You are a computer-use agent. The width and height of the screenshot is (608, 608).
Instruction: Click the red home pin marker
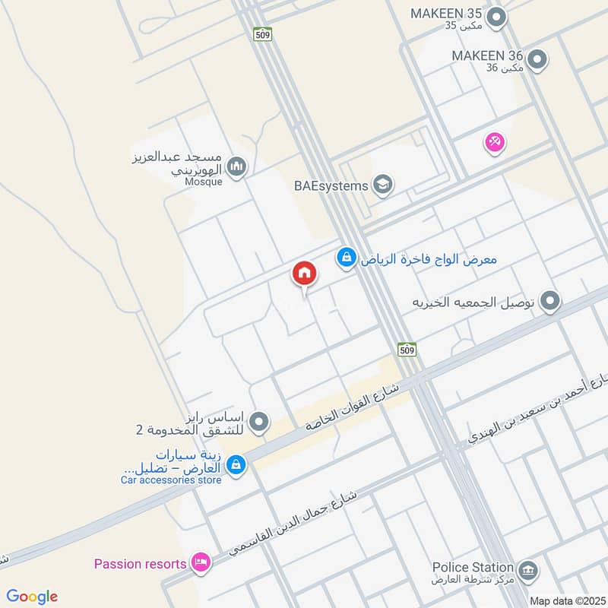point(304,274)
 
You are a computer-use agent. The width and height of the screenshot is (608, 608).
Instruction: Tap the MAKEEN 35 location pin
point(496,17)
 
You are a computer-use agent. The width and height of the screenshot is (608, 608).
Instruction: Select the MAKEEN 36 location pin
point(537,59)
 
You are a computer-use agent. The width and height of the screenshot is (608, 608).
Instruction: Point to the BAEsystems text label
point(331,185)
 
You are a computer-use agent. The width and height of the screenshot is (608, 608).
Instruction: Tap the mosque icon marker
point(237,166)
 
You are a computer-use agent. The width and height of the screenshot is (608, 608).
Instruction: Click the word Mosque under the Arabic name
point(204,182)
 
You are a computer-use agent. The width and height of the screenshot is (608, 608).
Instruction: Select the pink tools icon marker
point(495,141)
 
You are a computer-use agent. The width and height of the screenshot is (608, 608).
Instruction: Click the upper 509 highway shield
point(263,34)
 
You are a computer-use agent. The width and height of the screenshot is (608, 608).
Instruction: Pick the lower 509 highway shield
point(407,349)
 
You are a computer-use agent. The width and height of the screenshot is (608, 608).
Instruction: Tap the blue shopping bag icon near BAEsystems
point(347,258)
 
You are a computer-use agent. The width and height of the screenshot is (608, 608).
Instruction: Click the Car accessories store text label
point(171,480)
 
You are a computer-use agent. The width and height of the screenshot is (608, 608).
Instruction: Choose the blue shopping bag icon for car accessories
point(236,463)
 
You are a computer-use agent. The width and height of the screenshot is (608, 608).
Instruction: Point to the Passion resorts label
point(140,564)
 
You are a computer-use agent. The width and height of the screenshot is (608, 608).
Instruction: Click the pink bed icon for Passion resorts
point(201,563)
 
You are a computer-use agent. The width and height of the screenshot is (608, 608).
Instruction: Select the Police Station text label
point(473,567)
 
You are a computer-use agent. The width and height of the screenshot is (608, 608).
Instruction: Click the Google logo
point(32,597)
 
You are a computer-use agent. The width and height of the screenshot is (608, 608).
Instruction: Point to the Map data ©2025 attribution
point(568,601)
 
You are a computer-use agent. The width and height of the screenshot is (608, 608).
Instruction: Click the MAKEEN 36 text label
point(487,55)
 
